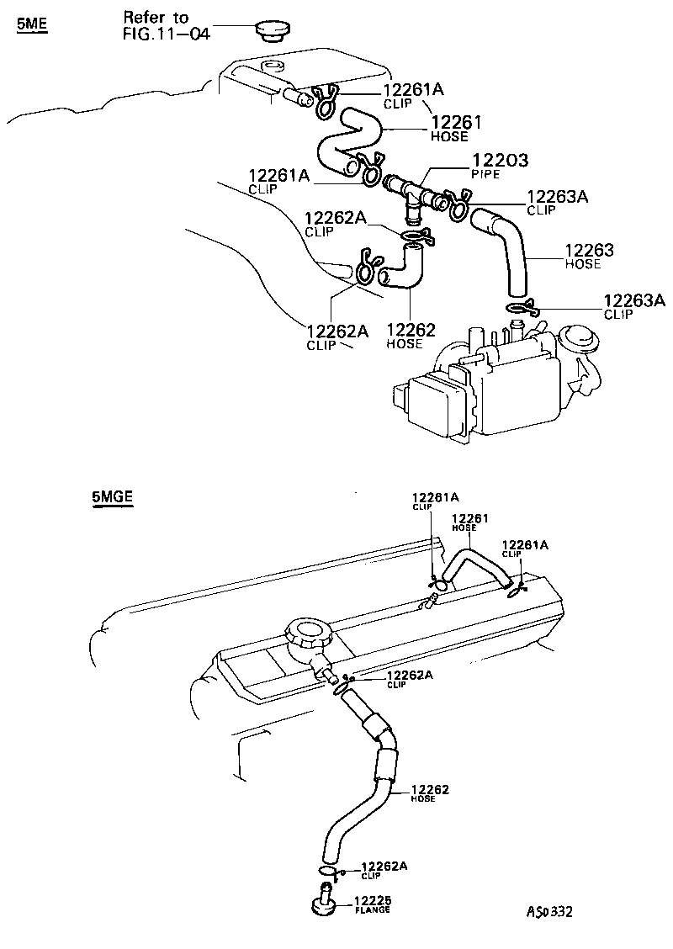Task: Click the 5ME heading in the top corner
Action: pyautogui.click(x=32, y=24)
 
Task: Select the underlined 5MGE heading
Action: pyautogui.click(x=113, y=497)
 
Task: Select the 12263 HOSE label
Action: pyautogui.click(x=588, y=256)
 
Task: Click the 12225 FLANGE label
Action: pyautogui.click(x=373, y=904)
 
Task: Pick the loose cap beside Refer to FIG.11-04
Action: pyautogui.click(x=272, y=31)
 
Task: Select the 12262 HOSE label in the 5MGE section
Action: pyautogui.click(x=429, y=793)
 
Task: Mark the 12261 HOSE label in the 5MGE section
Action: pyautogui.click(x=470, y=522)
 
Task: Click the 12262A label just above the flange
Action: pyautogui.click(x=384, y=869)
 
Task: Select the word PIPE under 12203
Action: pyautogui.click(x=486, y=173)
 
